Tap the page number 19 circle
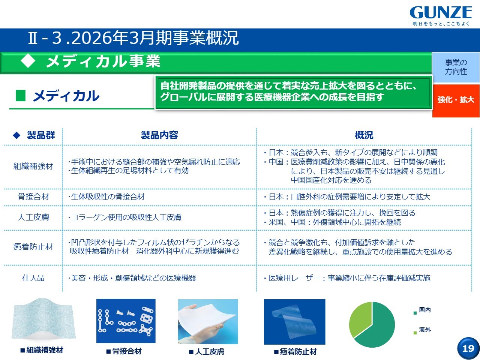click(468, 348)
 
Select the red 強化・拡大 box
click(456, 100)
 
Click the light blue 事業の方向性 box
click(456, 67)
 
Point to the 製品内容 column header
click(159, 135)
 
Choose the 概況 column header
click(364, 135)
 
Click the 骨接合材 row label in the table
click(33, 197)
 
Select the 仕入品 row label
click(33, 278)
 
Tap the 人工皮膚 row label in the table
click(33, 217)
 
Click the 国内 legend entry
click(422, 310)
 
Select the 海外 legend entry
click(422, 330)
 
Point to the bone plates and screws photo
click(126, 321)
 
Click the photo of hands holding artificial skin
click(208, 321)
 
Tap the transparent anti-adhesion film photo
click(294, 322)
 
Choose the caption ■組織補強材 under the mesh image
click(42, 350)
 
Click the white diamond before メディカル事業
click(28, 61)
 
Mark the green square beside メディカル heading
click(21, 96)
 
